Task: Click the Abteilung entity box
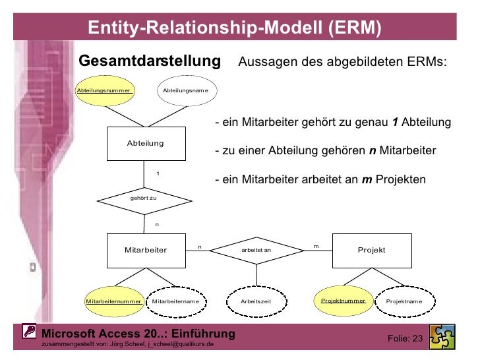[146, 143]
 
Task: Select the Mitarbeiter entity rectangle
[146, 250]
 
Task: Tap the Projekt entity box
[371, 250]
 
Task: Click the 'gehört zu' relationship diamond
[144, 197]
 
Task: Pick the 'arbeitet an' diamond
[256, 250]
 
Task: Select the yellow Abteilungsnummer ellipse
[105, 90]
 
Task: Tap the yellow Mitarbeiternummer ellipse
[114, 301]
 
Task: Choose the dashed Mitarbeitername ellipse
[175, 301]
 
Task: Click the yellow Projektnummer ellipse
[343, 300]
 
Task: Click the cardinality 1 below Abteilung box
[157, 173]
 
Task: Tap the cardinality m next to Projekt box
[316, 246]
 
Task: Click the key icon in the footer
[29, 332]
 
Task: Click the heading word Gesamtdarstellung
[149, 61]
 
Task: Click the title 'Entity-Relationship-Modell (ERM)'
[235, 28]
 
